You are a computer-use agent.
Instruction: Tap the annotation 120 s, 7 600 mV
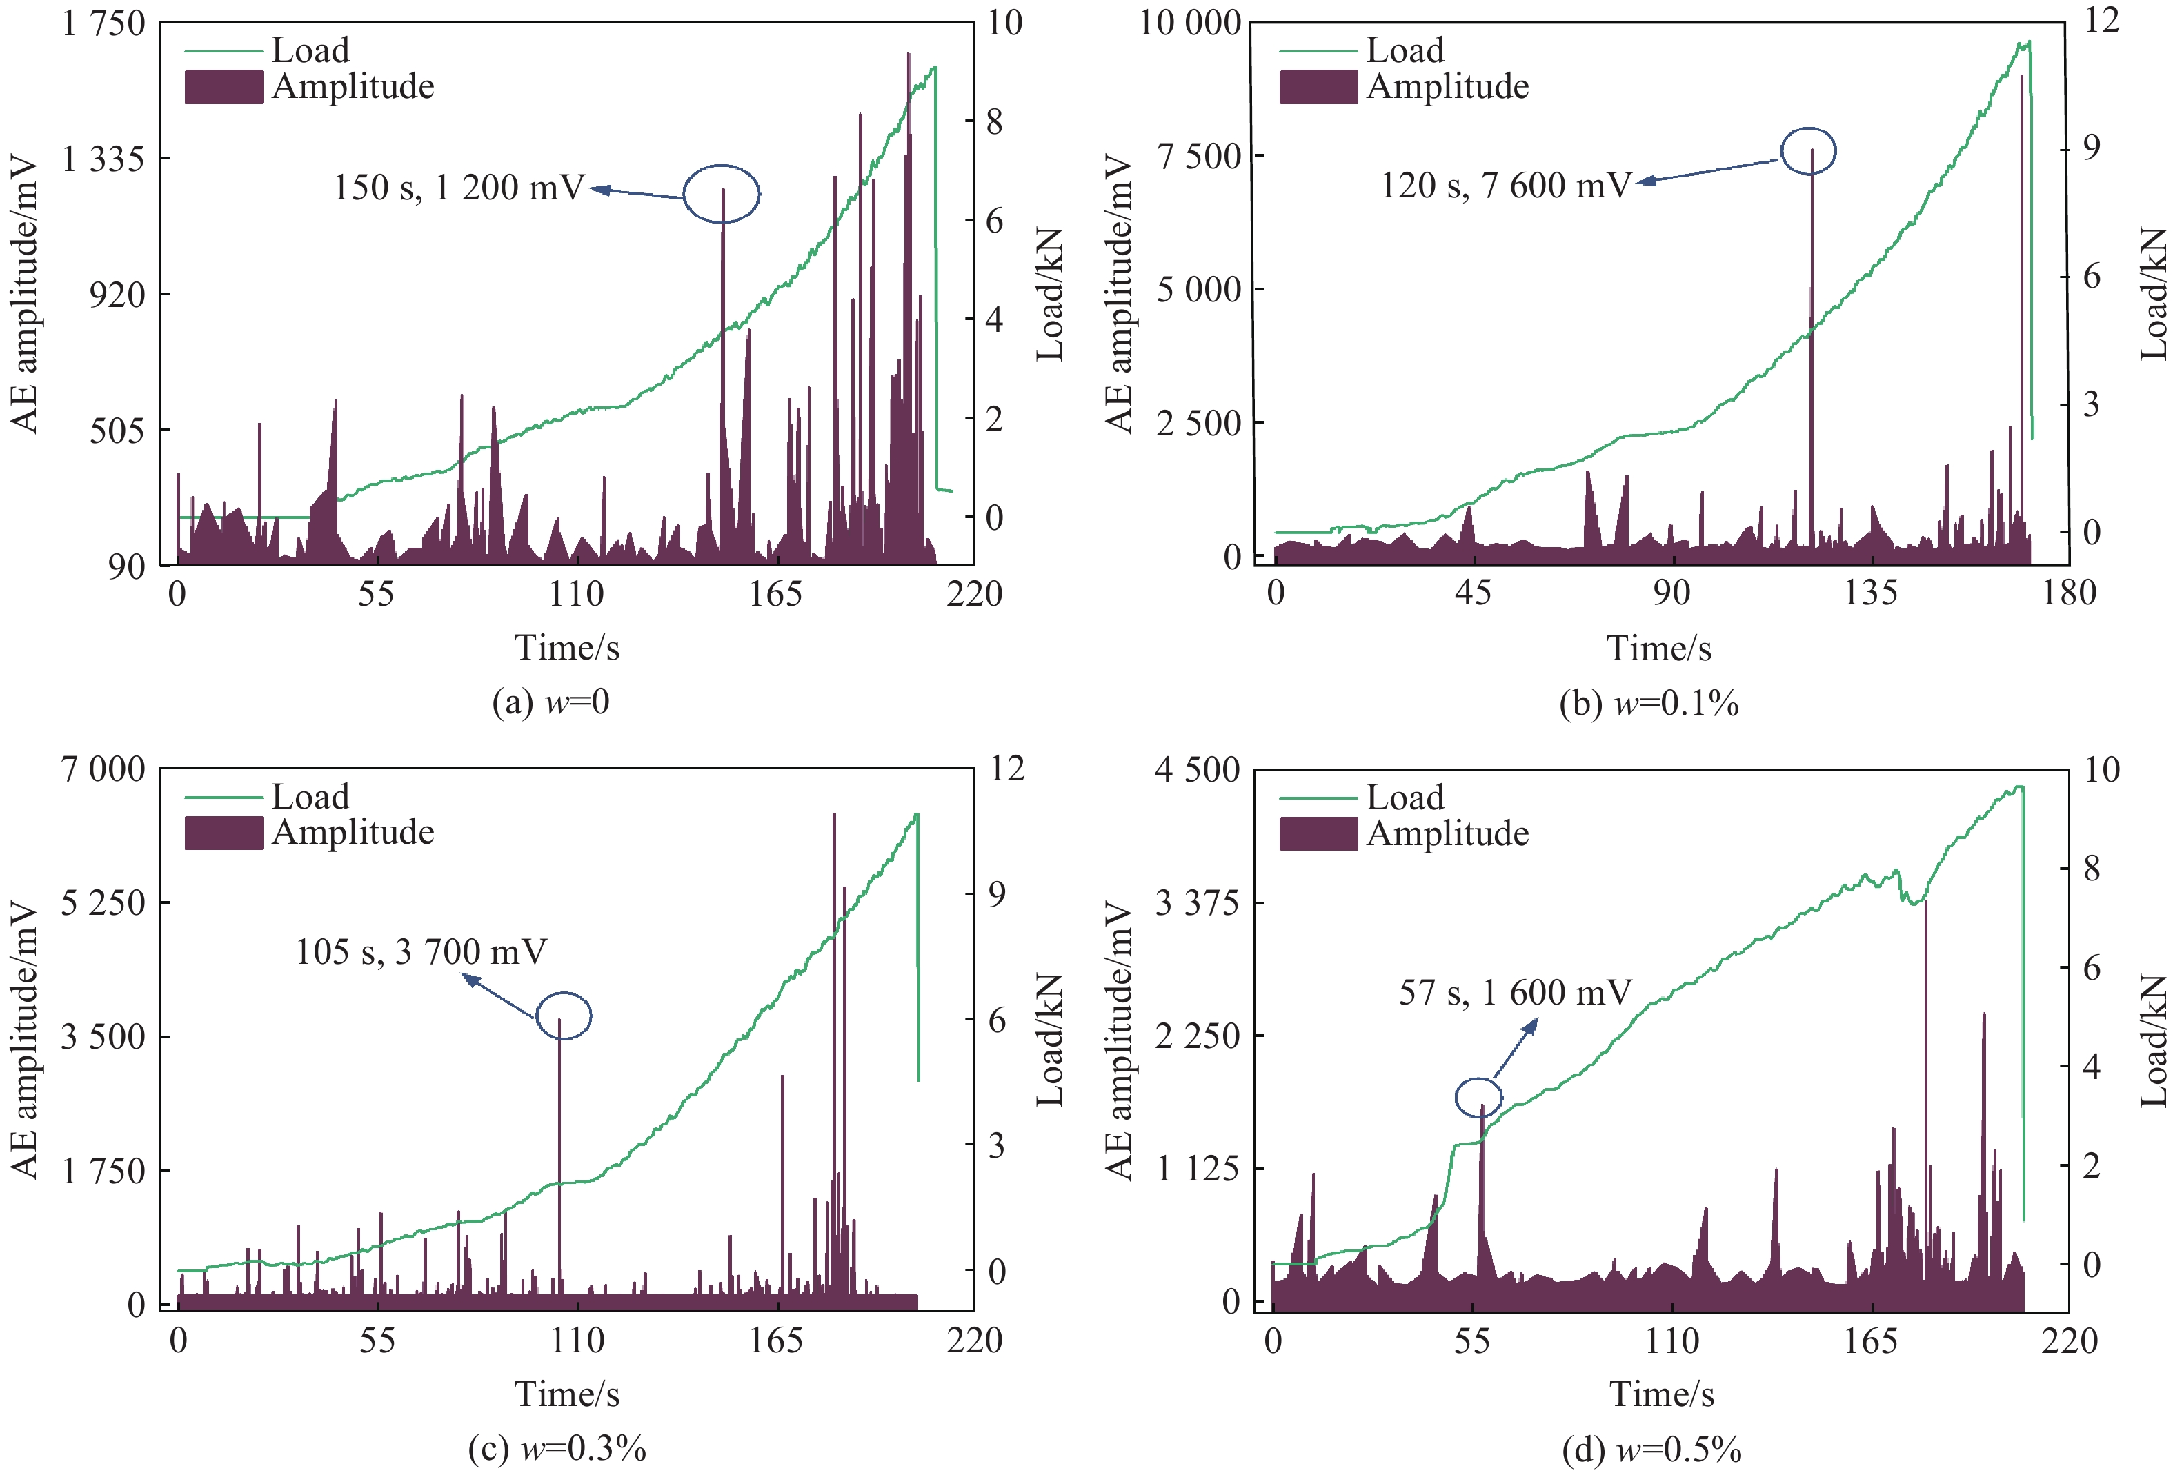[1505, 185]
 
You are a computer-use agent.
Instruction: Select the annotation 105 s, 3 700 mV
[421, 952]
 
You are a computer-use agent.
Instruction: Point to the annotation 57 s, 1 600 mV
[1515, 992]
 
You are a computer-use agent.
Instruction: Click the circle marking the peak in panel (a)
[721, 194]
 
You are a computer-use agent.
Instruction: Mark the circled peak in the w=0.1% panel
[1807, 150]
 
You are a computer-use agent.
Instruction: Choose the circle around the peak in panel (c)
[563, 1016]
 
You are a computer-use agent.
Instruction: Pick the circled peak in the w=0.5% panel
[1478, 1097]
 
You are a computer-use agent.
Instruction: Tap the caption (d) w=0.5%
[1651, 1450]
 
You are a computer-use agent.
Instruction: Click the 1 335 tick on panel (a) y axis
[103, 159]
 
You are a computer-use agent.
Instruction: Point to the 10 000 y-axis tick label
[1189, 23]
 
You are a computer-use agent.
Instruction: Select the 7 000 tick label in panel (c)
[103, 770]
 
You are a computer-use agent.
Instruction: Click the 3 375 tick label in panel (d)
[1198, 903]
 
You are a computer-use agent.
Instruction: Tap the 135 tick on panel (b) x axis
[1870, 593]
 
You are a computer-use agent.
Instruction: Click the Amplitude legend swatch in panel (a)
[223, 87]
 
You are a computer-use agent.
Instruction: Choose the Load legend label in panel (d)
[1405, 798]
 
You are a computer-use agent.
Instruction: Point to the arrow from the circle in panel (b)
[1707, 171]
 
